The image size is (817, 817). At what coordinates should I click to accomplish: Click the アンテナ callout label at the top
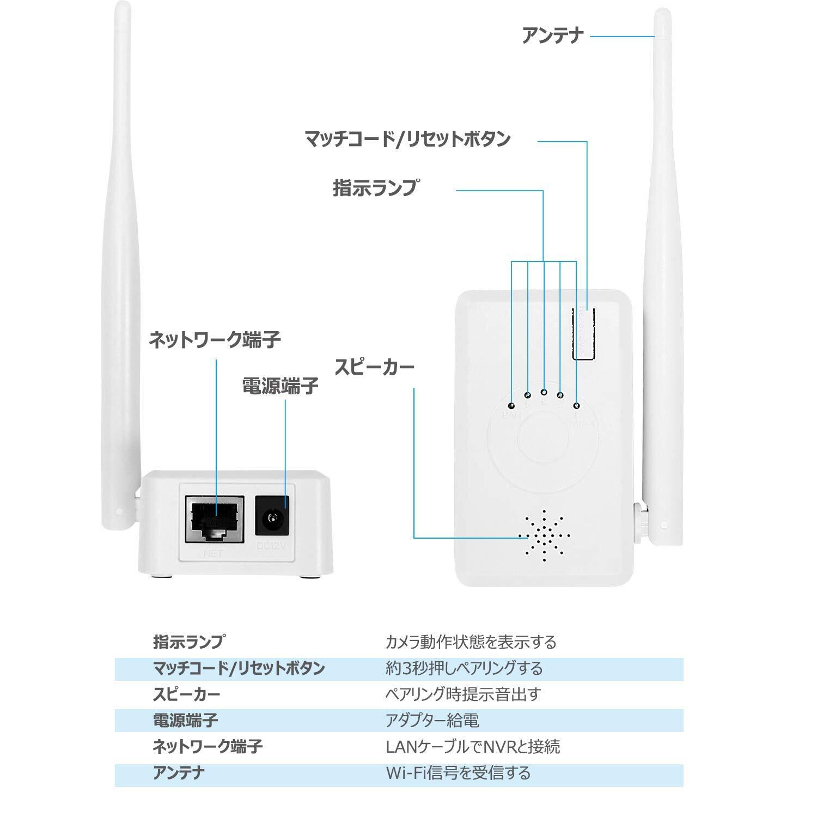[x=552, y=36]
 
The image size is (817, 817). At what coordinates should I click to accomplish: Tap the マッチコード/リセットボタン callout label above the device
[x=407, y=139]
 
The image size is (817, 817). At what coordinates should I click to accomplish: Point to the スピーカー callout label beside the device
[x=374, y=366]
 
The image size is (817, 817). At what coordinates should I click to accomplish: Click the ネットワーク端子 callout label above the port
[x=215, y=340]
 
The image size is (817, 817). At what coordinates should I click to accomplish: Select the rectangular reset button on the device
[x=583, y=333]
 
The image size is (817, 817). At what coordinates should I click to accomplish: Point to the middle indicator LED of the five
[x=544, y=392]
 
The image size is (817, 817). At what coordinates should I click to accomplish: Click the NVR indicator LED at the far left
[x=511, y=406]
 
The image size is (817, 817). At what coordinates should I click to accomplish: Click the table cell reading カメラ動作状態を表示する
[x=471, y=642]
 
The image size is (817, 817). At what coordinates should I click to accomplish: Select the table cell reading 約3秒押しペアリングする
[x=464, y=668]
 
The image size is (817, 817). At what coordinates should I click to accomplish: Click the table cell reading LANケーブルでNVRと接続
[x=472, y=747]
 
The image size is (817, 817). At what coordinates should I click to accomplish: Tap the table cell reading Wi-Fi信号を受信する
[x=458, y=773]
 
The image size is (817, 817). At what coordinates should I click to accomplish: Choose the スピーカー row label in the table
[x=186, y=694]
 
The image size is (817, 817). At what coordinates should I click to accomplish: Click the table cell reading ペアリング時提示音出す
[x=463, y=694]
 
